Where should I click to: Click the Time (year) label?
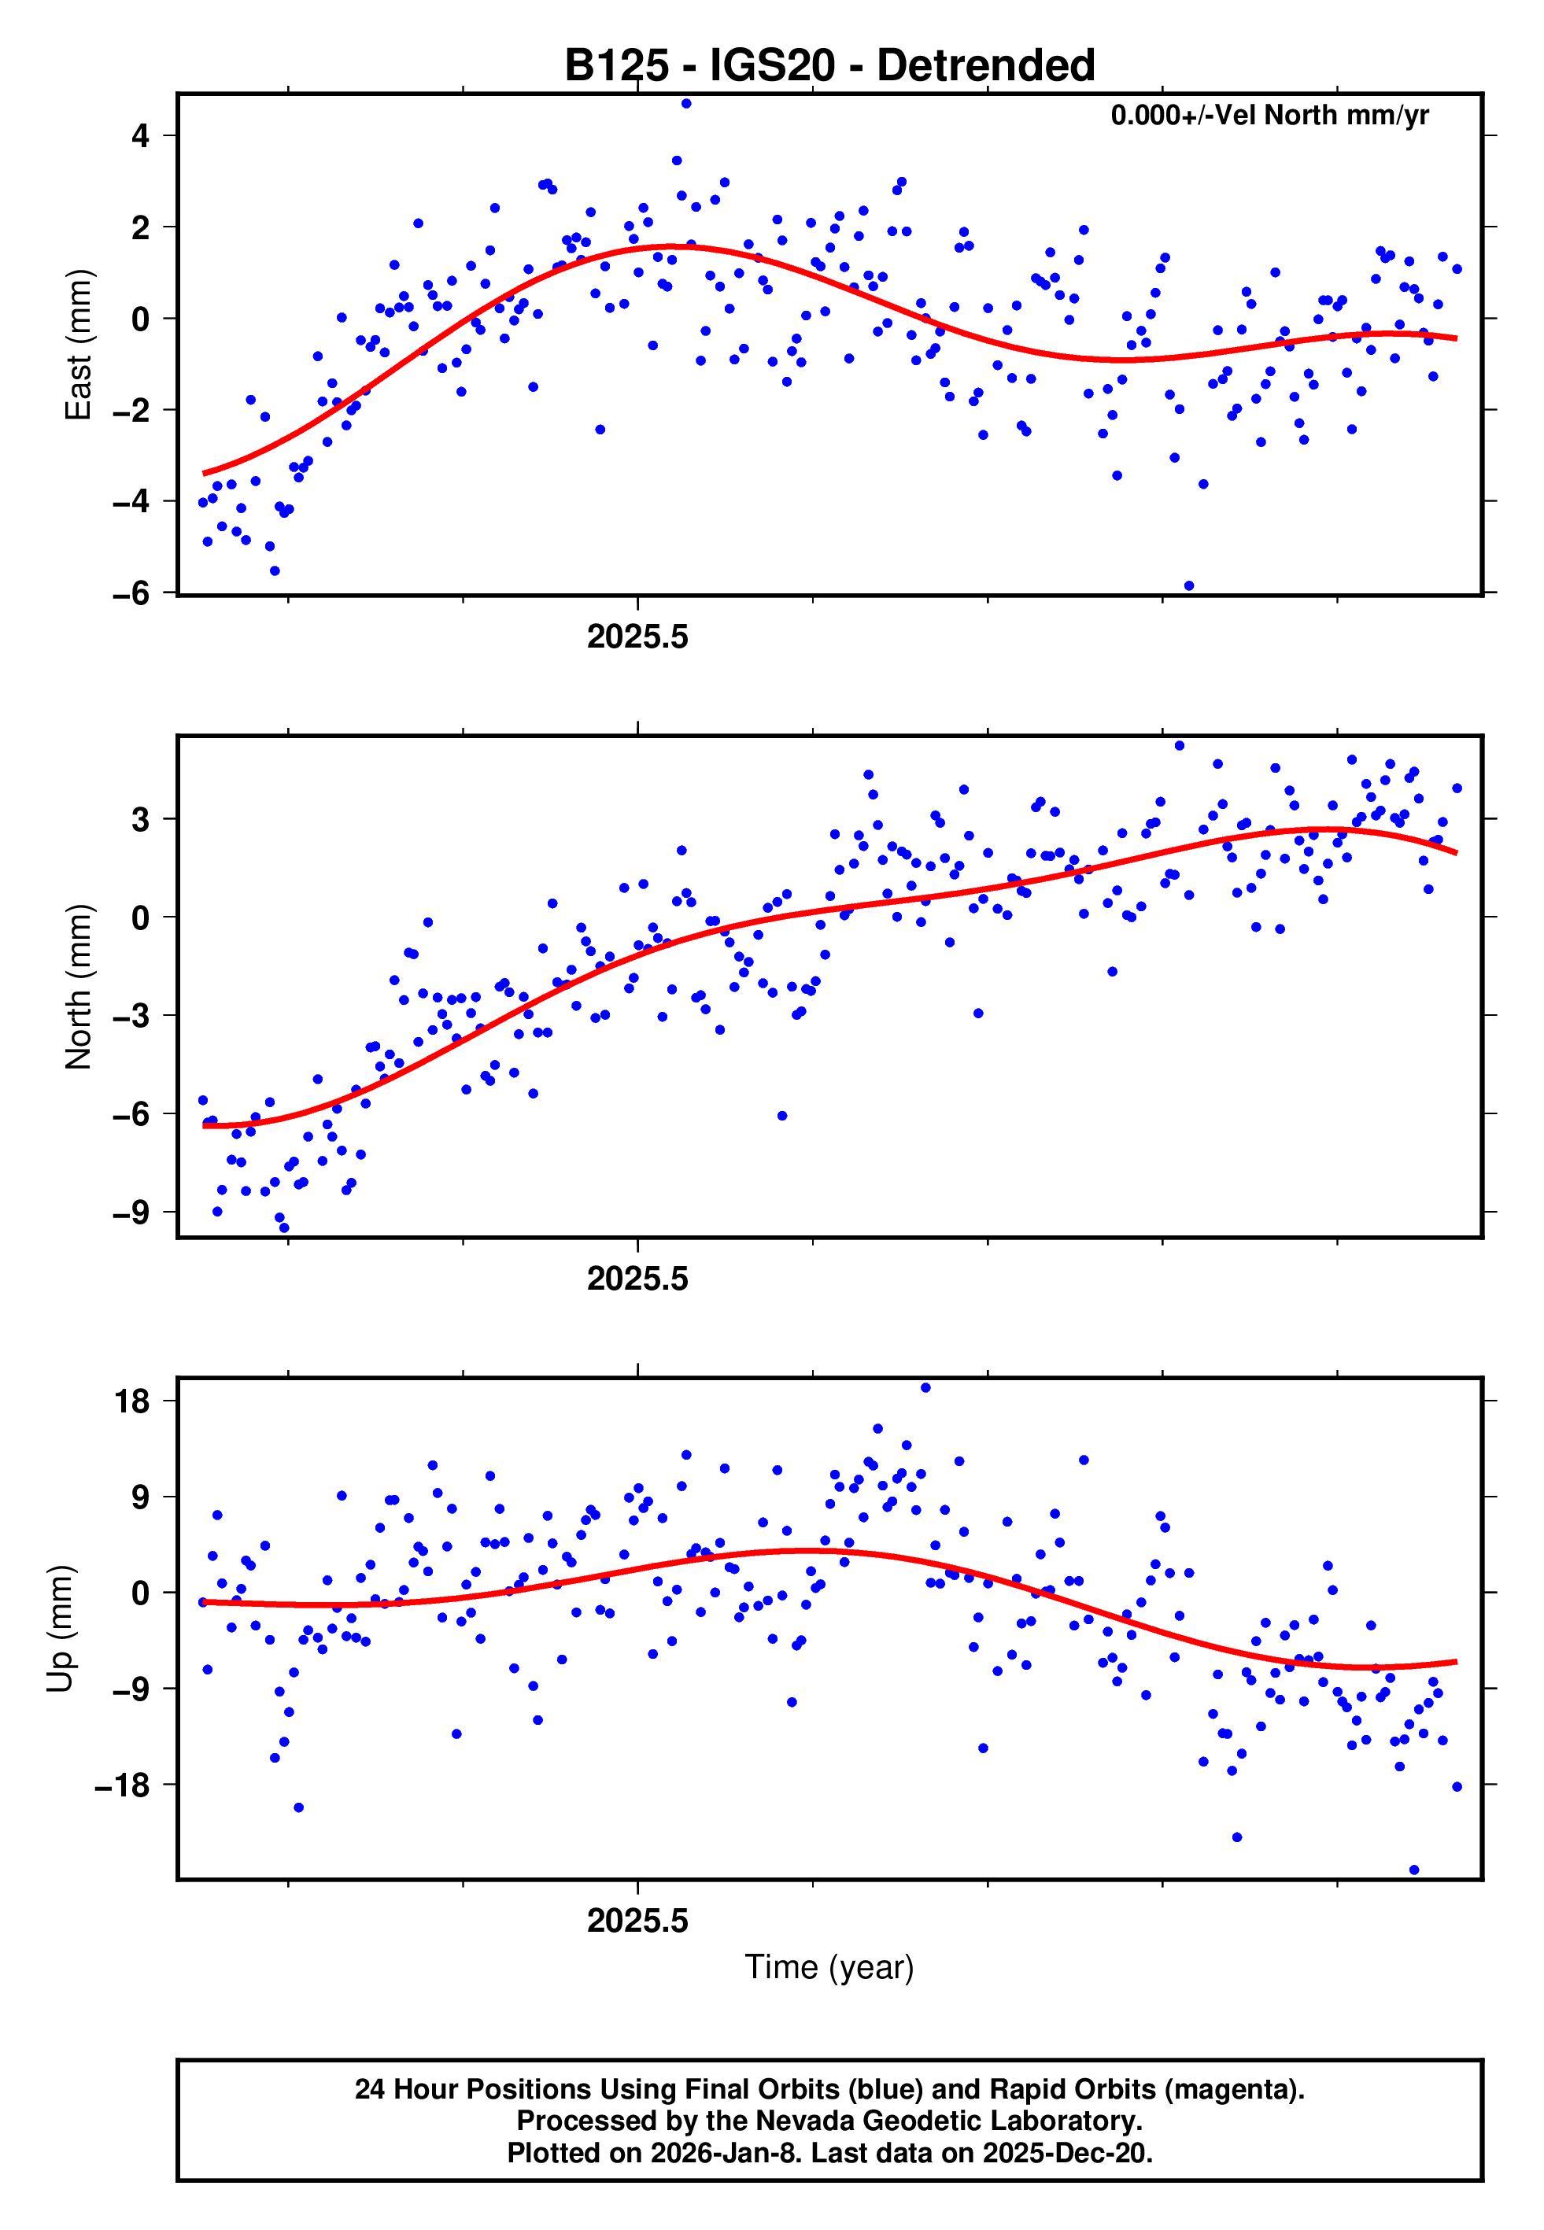(829, 1967)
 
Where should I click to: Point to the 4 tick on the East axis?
(140, 136)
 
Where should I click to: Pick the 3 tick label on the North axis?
(140, 819)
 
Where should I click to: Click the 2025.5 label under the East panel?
(637, 637)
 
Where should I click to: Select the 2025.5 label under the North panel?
(637, 1279)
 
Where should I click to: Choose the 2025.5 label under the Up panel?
(637, 1921)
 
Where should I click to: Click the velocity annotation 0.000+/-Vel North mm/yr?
(1269, 116)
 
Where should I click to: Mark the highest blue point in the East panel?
(686, 103)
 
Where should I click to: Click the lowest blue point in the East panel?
(1189, 586)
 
